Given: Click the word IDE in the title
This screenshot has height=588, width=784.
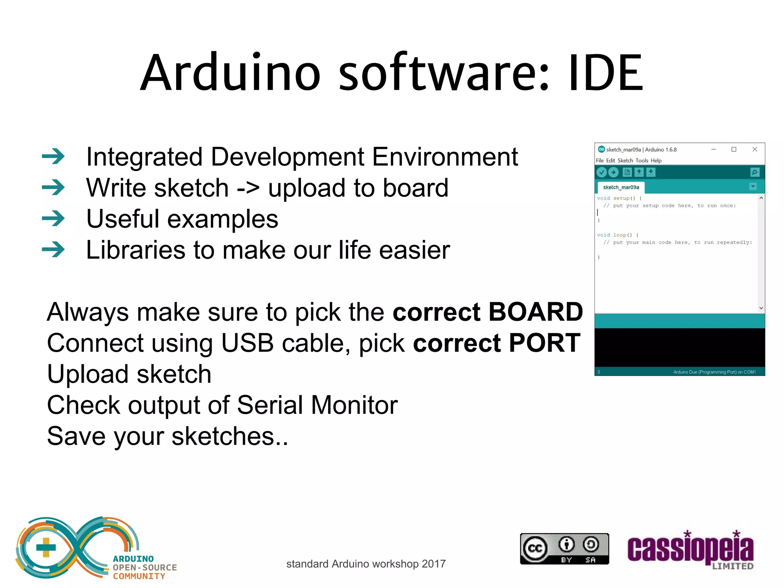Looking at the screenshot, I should pos(606,73).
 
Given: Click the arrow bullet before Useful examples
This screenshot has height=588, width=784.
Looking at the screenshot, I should pos(53,219).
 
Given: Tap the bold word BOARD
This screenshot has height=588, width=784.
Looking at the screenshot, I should pos(536,312).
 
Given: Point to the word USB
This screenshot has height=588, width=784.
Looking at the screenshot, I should pos(247,343).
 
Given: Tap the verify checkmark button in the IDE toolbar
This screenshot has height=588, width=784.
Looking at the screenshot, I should pos(602,172).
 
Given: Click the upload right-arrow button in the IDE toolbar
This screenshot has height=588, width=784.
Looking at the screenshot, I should pos(614,172).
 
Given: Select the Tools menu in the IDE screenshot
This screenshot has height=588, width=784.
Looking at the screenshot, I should pos(642,160).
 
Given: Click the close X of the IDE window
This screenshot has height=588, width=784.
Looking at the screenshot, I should pos(755,149).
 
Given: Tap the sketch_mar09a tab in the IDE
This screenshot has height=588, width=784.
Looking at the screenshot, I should pos(621,187).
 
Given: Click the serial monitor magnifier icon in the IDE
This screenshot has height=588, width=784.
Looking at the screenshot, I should pos(755,172).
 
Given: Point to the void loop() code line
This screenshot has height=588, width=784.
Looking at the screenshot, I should pos(617,235).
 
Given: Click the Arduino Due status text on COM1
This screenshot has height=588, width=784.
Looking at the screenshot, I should pos(714,372).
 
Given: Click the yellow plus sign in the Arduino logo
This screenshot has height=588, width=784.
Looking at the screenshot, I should pos(46,547).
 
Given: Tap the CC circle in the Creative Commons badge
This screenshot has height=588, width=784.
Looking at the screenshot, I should pos(535,549).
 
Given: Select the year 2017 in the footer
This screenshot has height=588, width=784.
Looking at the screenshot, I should pos(433,564).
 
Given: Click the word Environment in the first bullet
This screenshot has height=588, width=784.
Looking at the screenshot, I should pos(445,157).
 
